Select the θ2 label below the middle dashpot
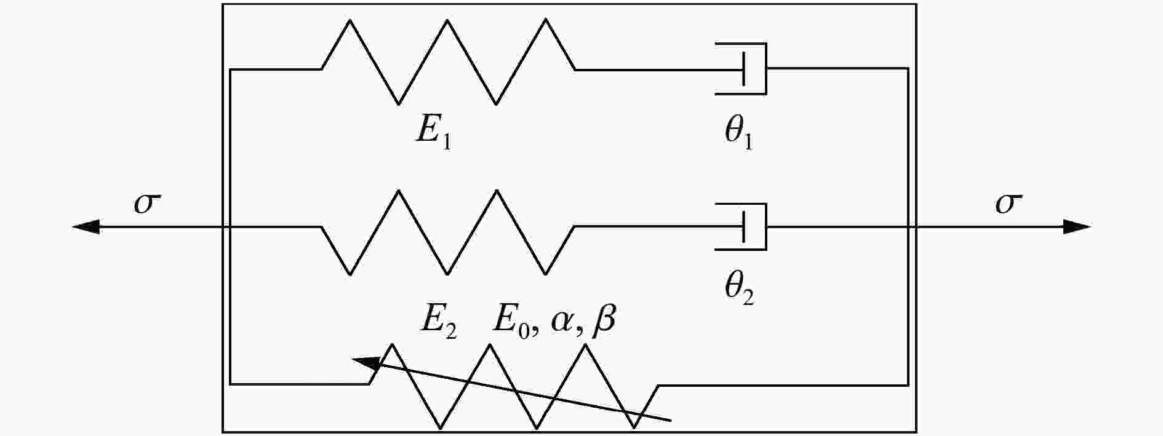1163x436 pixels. (x=739, y=288)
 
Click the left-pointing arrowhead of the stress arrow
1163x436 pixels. (x=86, y=227)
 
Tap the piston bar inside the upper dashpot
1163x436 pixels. (x=744, y=69)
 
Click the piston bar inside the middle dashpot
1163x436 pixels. (x=744, y=227)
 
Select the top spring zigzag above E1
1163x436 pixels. (x=447, y=61)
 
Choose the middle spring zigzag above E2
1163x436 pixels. (x=447, y=231)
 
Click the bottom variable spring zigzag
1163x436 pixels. (x=514, y=386)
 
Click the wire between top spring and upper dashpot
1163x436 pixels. (x=646, y=69)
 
